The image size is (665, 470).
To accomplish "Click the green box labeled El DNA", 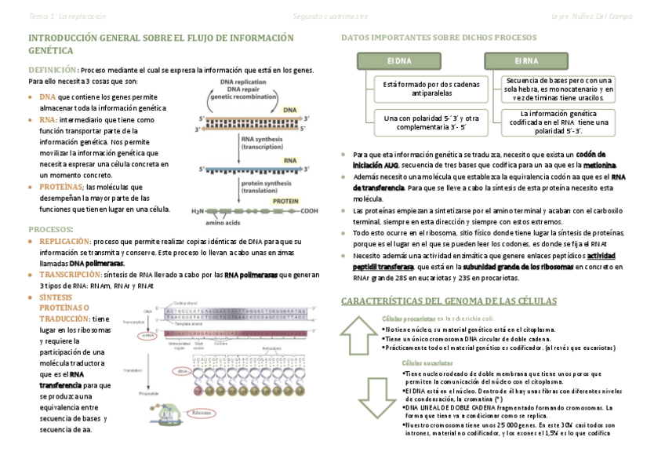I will tap(399, 60).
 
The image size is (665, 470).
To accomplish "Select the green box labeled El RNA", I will tap(525, 60).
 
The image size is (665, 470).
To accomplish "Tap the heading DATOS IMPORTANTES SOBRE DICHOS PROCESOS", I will tap(438, 38).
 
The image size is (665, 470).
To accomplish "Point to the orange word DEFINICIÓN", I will tap(53, 70).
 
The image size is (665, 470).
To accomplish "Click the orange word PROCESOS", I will tap(50, 229).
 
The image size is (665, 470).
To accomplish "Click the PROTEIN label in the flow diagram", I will tap(285, 202).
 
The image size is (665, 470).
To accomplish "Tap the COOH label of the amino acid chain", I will tap(308, 211).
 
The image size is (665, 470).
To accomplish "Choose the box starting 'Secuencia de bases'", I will tap(547, 89).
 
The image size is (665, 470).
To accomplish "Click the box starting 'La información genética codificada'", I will tap(547, 122).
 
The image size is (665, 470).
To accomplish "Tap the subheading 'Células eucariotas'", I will tap(427, 363).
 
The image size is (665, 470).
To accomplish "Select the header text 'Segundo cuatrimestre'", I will tap(329, 16).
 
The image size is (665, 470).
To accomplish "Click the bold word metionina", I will tap(600, 166).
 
